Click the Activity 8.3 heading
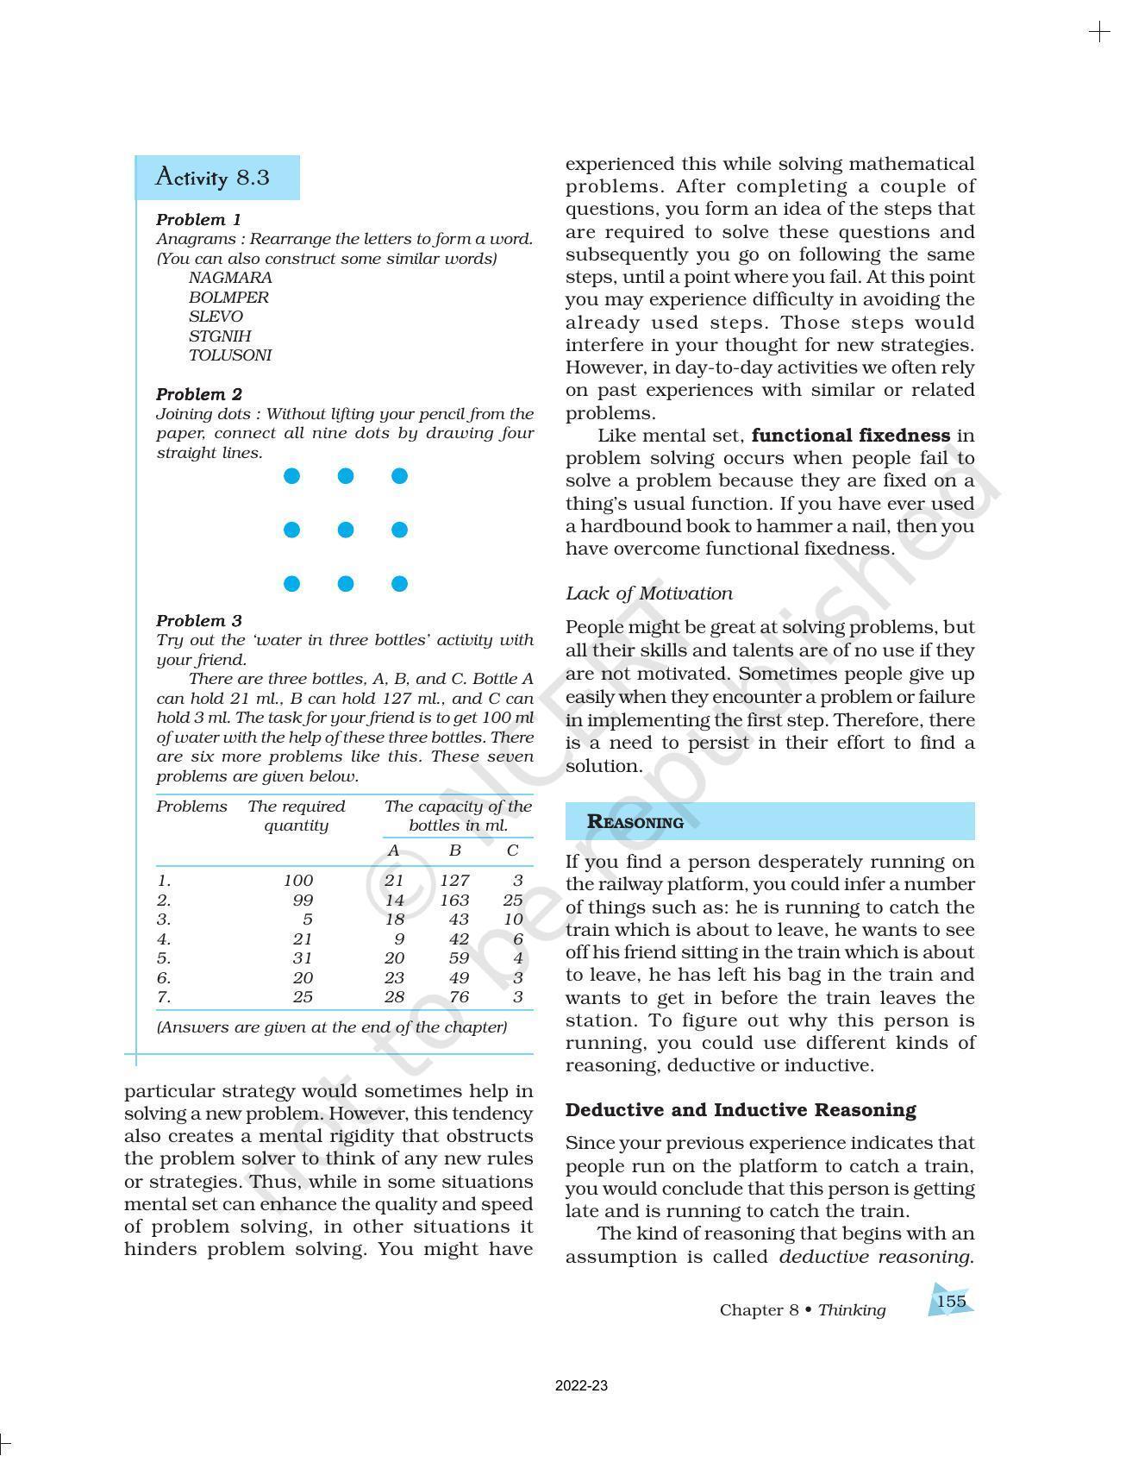(x=212, y=178)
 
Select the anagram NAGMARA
(x=230, y=278)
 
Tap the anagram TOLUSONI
(x=230, y=355)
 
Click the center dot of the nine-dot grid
(x=346, y=530)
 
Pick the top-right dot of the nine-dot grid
(x=399, y=476)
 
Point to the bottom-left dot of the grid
(x=292, y=584)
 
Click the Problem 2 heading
(x=199, y=394)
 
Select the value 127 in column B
(x=454, y=881)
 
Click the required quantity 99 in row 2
(x=302, y=901)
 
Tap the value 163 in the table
(x=454, y=901)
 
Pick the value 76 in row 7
(x=459, y=997)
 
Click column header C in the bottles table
(x=512, y=850)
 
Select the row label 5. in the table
(x=164, y=958)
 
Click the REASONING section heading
(x=635, y=822)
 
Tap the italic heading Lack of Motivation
(x=649, y=593)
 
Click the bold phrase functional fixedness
(x=850, y=436)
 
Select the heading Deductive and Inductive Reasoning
(x=741, y=1110)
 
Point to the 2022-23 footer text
(x=581, y=1386)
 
